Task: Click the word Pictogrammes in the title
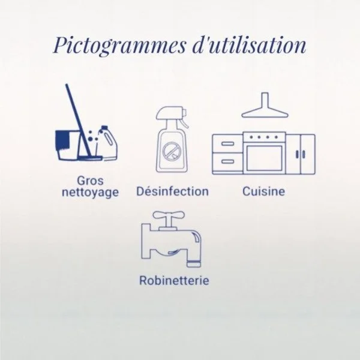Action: click(119, 45)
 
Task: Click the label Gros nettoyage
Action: click(90, 187)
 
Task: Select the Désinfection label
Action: click(172, 191)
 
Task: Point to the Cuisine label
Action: click(263, 191)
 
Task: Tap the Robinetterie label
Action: click(174, 280)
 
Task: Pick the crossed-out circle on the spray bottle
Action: click(171, 151)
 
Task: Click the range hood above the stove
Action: click(265, 105)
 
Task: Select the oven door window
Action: click(264, 158)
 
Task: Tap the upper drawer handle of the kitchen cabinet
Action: click(228, 144)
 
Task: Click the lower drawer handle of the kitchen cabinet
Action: click(228, 161)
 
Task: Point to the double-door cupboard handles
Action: click(301, 154)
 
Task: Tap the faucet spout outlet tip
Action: click(194, 264)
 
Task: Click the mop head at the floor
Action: click(90, 158)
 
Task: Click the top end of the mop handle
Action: click(67, 85)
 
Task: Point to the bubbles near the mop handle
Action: click(91, 137)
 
